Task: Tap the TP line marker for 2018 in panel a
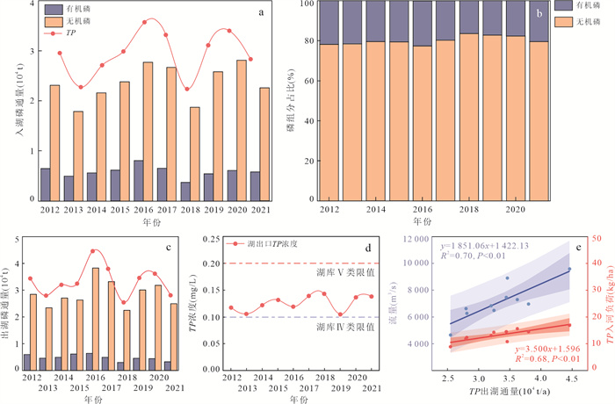coord(187,89)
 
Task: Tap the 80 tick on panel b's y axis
coord(307,41)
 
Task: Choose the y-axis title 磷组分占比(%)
coord(287,101)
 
